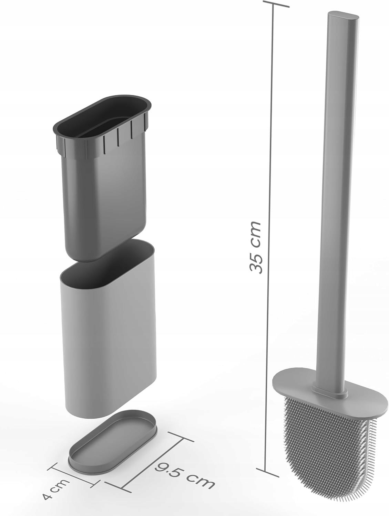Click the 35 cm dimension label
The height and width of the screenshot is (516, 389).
pyautogui.click(x=255, y=247)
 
